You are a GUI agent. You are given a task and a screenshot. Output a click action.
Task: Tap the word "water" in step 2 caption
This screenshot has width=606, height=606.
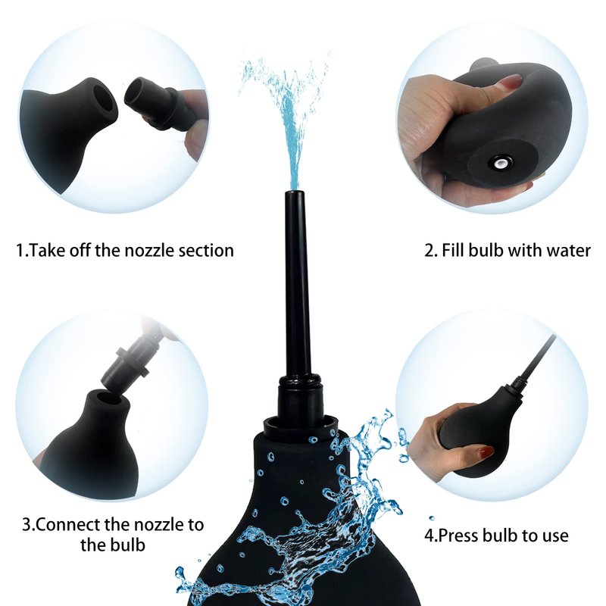(568, 251)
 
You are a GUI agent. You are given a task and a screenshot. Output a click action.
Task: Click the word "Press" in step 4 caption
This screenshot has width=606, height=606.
(459, 536)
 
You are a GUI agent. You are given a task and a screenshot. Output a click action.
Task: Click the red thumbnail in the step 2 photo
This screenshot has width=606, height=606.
(512, 81)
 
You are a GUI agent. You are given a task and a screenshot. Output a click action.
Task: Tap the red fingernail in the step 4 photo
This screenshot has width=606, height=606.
(486, 450)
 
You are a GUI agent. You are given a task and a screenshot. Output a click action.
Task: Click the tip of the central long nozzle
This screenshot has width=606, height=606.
(295, 192)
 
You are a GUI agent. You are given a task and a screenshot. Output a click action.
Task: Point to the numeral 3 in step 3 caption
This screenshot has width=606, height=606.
(27, 525)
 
